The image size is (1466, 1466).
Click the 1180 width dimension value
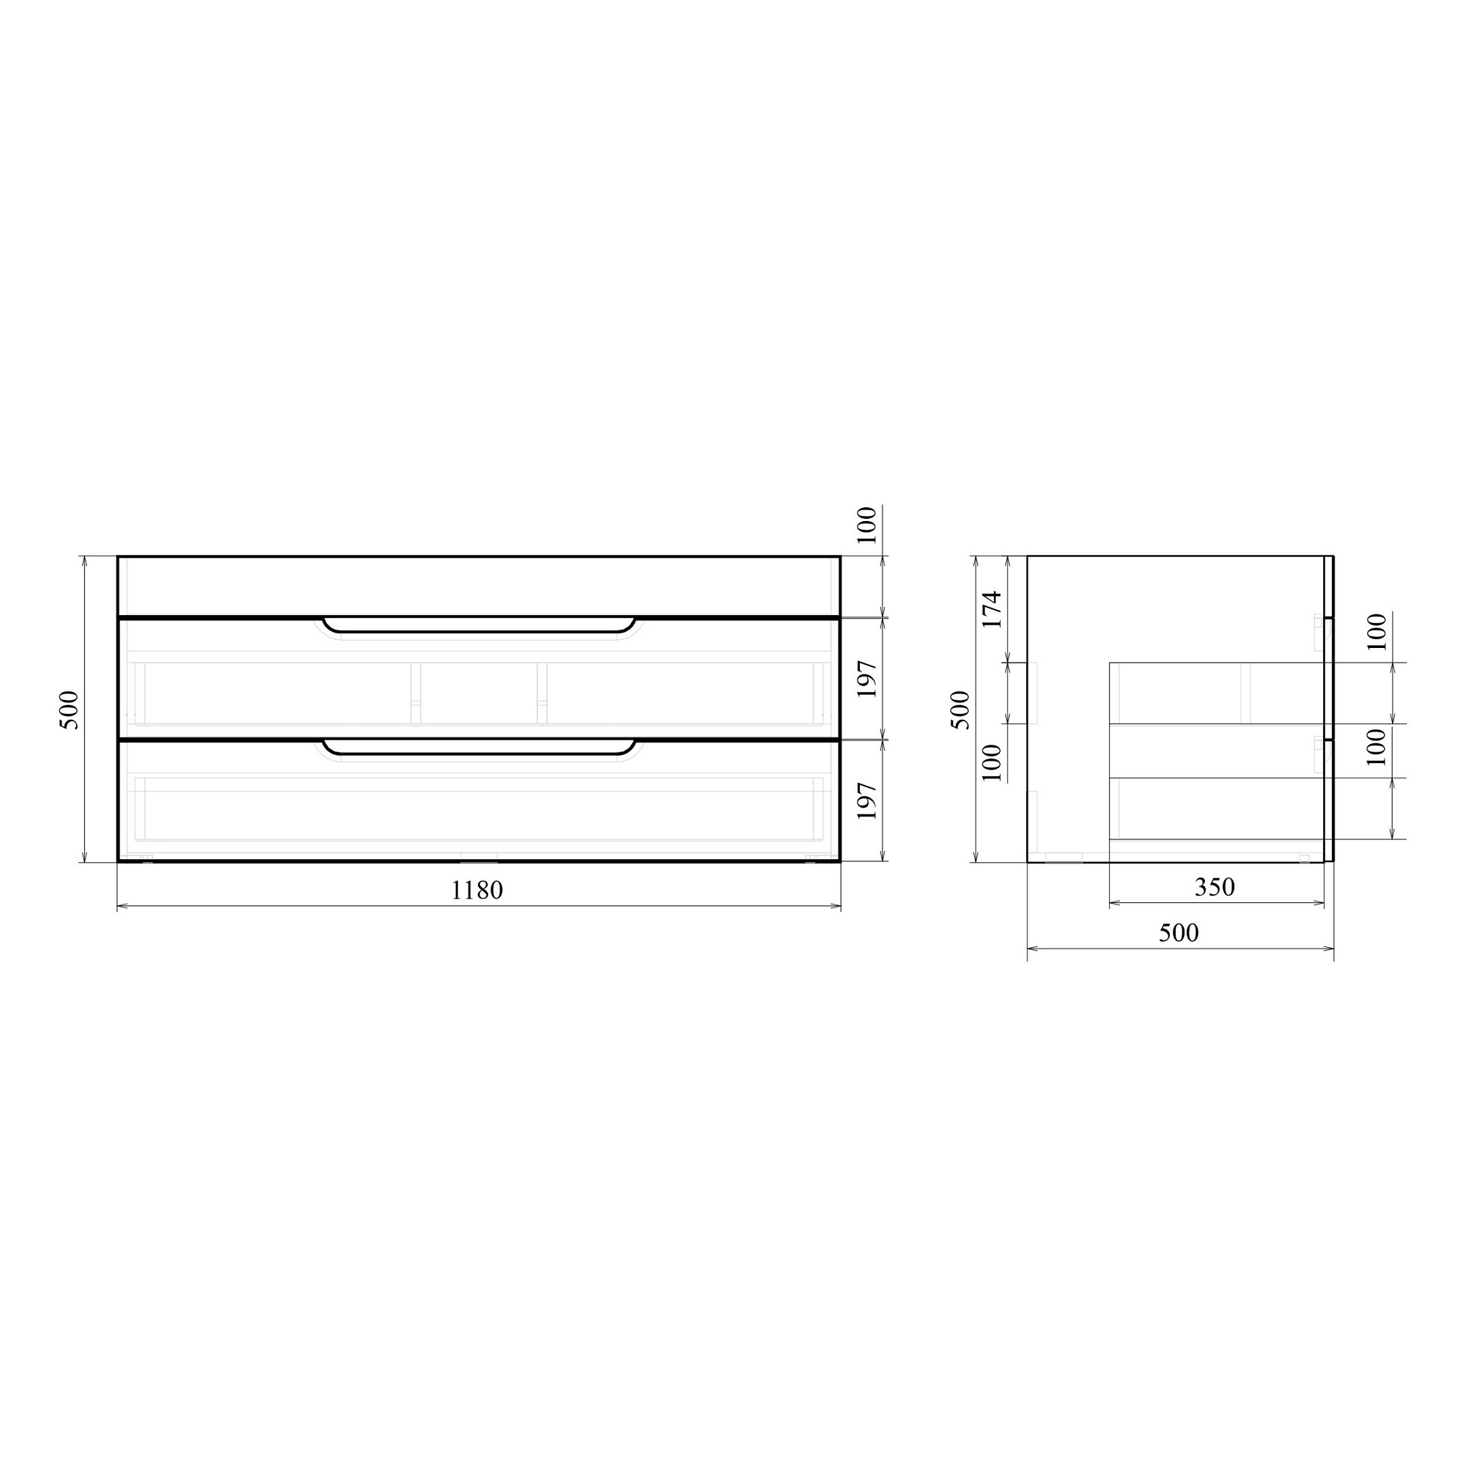tap(476, 890)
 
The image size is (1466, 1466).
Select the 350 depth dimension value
tap(1215, 886)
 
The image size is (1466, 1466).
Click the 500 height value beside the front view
tap(68, 710)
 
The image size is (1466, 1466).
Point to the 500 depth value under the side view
tap(1179, 932)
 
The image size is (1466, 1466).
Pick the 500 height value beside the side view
tap(961, 710)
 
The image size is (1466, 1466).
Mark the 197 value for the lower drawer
tap(866, 800)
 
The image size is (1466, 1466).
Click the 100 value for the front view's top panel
tap(866, 525)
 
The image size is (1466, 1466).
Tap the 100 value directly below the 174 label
tap(992, 763)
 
